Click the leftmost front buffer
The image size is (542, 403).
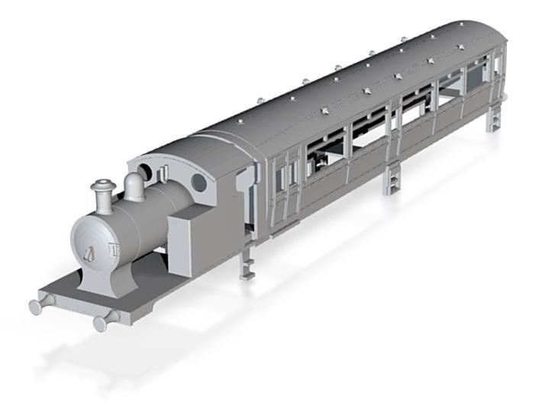37,306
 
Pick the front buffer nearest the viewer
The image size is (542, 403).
101,323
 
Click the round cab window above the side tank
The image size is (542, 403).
198,182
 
